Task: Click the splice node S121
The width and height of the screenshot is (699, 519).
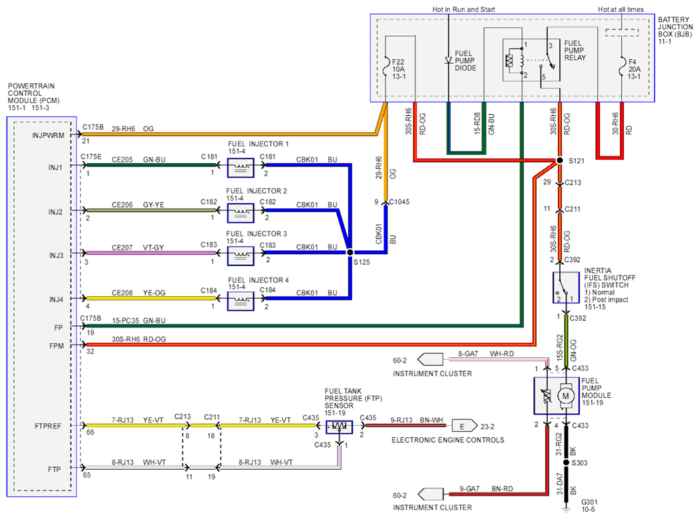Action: [560, 160]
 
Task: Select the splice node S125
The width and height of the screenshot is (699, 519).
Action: [350, 252]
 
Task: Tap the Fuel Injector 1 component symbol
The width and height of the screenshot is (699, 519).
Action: [241, 168]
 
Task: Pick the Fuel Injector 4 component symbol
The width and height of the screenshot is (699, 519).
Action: [241, 301]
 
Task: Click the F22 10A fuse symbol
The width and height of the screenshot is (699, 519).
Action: [386, 69]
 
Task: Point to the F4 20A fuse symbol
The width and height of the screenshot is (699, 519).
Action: [622, 69]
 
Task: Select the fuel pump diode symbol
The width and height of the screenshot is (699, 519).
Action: [449, 60]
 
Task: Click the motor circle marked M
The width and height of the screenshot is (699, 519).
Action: [566, 396]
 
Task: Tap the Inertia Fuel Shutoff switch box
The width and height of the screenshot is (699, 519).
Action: [566, 288]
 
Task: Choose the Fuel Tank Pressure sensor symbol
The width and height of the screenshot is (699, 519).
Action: [340, 427]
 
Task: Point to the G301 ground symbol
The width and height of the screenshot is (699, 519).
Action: [566, 508]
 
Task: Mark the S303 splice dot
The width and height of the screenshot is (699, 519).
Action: [566, 463]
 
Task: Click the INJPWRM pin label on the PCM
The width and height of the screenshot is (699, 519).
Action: [48, 136]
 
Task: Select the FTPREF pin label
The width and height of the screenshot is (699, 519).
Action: [48, 426]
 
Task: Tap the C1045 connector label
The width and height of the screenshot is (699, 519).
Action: [399, 202]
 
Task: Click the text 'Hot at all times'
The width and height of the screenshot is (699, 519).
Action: [620, 9]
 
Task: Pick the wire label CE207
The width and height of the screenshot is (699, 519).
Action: [122, 248]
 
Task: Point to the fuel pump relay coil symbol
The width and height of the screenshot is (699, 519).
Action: [510, 61]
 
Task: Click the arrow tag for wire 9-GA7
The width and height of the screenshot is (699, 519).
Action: [430, 494]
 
